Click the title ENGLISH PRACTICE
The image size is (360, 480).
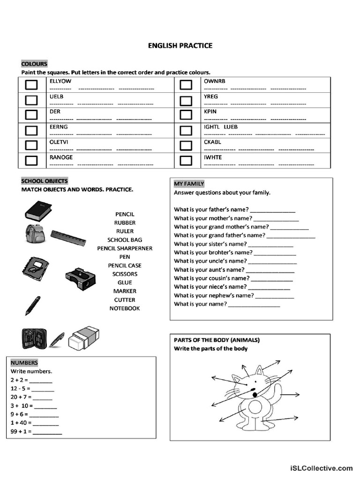(x=180, y=45)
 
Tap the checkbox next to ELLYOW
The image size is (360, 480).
(x=31, y=85)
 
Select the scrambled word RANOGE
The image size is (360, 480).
(x=61, y=157)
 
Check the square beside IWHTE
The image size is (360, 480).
(x=186, y=161)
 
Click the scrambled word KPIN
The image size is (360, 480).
(x=210, y=112)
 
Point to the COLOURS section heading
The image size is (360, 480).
(x=34, y=64)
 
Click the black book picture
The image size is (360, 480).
(x=38, y=210)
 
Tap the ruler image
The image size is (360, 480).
(x=69, y=238)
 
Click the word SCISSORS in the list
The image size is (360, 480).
(x=125, y=274)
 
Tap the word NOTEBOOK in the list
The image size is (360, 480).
(x=125, y=308)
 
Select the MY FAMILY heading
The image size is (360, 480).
(x=189, y=184)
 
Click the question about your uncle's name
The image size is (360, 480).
(x=210, y=261)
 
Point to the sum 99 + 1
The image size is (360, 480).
(x=21, y=431)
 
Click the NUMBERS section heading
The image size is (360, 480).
(x=24, y=363)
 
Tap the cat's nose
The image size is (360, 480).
(x=253, y=390)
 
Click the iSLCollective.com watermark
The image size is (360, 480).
(x=321, y=468)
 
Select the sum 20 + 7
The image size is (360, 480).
(x=20, y=397)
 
